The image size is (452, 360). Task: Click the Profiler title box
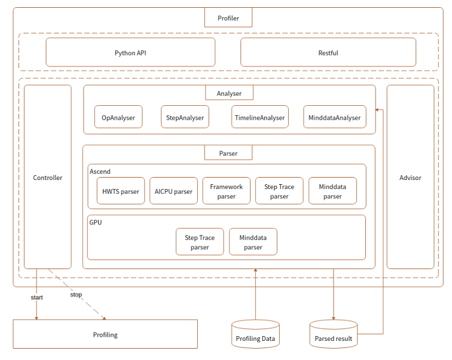pos(228,18)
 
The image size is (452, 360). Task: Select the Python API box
pos(130,53)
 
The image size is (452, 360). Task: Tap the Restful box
pos(328,53)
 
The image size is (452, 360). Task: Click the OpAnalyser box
pos(118,118)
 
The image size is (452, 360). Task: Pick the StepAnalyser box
pos(185,118)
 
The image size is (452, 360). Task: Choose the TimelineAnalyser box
pos(259,118)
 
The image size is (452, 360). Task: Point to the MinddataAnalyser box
pos(334,118)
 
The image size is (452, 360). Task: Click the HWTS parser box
pos(121,191)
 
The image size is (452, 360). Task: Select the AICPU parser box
pos(173,191)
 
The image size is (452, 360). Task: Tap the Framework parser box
pos(227,191)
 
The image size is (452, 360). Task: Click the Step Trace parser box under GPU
pos(200,242)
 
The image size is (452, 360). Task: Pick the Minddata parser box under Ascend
pos(332,191)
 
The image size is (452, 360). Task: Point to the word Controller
pos(48,178)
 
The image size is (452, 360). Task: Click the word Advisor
pos(410,178)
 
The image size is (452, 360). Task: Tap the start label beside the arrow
pos(36,297)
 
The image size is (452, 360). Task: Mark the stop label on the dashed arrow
pos(76,294)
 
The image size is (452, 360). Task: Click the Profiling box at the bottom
pos(105,334)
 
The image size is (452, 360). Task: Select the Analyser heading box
pos(228,93)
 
